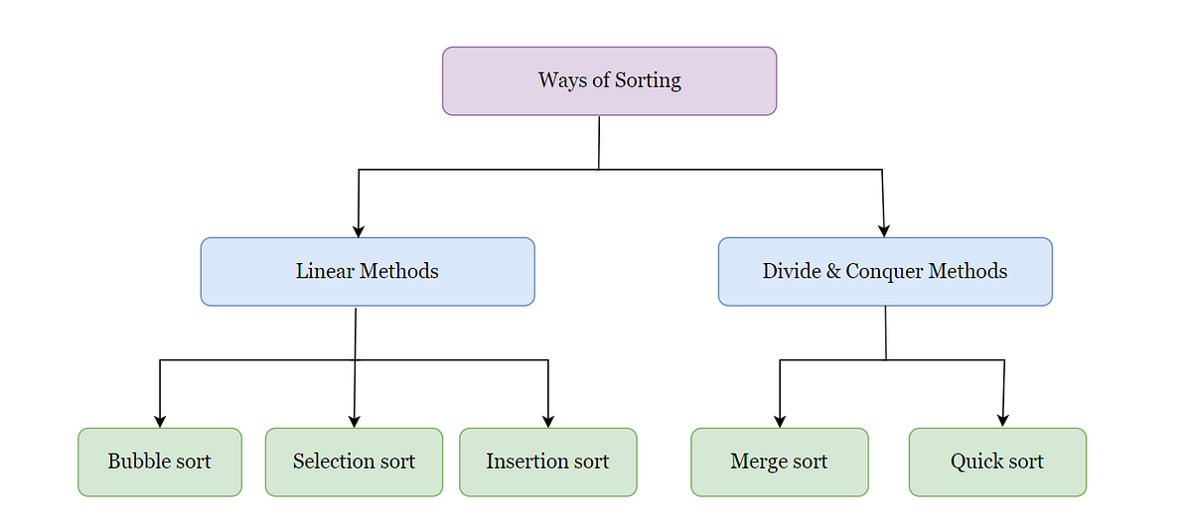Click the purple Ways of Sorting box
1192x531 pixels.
pyautogui.click(x=609, y=81)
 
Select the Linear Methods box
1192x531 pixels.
pyautogui.click(x=368, y=272)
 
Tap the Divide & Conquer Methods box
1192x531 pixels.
pyautogui.click(x=885, y=272)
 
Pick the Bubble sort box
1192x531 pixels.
pyautogui.click(x=160, y=463)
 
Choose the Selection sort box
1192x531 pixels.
pyautogui.click(x=354, y=463)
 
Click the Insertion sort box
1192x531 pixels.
pyautogui.click(x=547, y=463)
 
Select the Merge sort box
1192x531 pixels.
pyautogui.click(x=780, y=463)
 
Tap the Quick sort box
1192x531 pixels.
pyautogui.click(x=997, y=463)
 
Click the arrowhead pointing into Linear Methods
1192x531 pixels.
pyautogui.click(x=359, y=230)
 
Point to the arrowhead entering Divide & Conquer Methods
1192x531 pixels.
pyautogui.click(x=884, y=230)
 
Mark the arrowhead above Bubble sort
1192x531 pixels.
pyautogui.click(x=160, y=421)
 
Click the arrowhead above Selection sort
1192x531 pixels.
pyautogui.click(x=354, y=421)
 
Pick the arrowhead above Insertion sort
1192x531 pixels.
pyautogui.click(x=548, y=421)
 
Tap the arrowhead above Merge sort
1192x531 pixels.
pyautogui.click(x=780, y=421)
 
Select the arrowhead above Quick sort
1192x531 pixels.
pyautogui.click(x=1002, y=421)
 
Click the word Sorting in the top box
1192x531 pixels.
pyautogui.click(x=649, y=81)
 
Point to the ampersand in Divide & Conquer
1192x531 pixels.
pyautogui.click(x=832, y=272)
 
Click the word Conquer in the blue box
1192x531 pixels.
pyautogui.click(x=883, y=272)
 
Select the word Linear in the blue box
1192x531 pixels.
pyautogui.click(x=325, y=272)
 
